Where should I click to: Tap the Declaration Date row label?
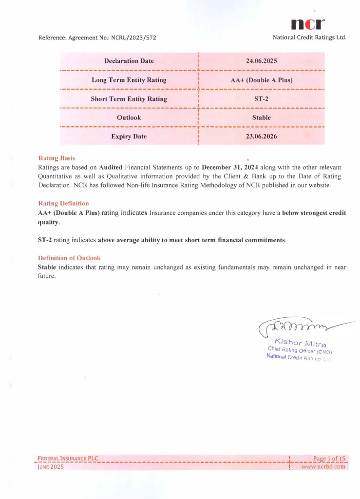point(129,61)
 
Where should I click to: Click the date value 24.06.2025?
point(262,61)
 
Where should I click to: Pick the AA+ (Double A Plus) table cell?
point(262,80)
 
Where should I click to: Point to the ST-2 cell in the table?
point(262,99)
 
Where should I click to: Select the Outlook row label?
point(129,117)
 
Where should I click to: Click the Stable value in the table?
point(262,117)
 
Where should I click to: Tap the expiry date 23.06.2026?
point(262,136)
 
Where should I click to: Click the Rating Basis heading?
point(57,158)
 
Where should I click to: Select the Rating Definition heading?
point(63,203)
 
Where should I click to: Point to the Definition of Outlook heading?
point(69,257)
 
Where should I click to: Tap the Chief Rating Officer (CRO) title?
point(300,350)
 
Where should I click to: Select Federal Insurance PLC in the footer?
point(68,458)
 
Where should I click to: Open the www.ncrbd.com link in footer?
point(323,466)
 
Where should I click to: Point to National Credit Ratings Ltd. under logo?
point(309,38)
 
